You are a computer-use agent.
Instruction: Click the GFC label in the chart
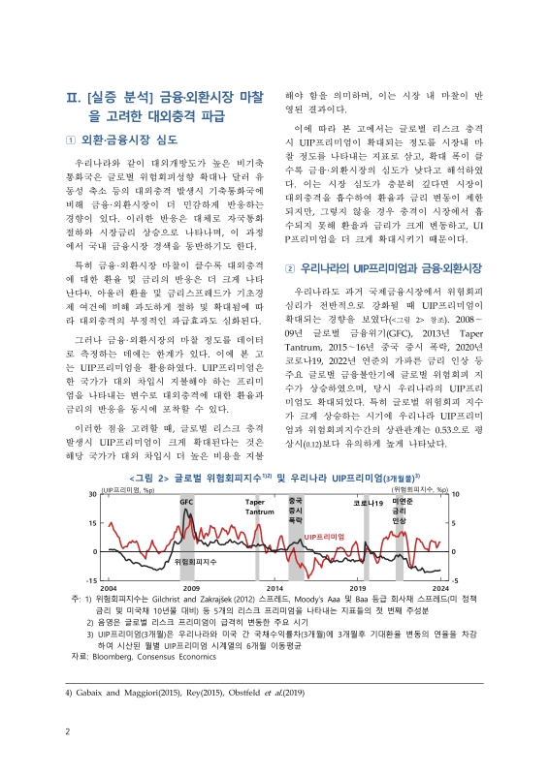[x=187, y=502]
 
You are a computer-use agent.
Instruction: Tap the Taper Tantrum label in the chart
[x=254, y=506]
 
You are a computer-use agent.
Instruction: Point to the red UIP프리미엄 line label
[x=325, y=535]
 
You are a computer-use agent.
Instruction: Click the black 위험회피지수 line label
[x=222, y=560]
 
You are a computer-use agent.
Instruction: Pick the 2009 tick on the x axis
[x=191, y=588]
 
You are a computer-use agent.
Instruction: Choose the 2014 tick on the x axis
[x=274, y=588]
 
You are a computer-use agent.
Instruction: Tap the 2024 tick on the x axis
[x=439, y=588]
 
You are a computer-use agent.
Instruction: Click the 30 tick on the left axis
[x=92, y=495]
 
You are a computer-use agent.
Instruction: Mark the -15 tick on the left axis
[x=91, y=579]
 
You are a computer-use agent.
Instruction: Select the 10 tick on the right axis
[x=455, y=495]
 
